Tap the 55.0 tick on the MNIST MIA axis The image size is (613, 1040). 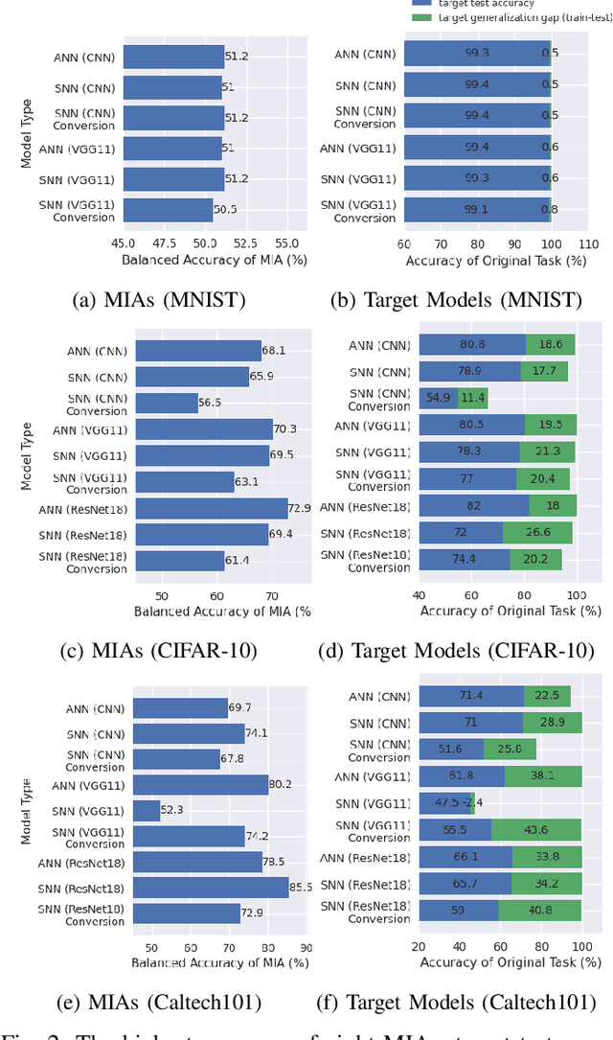click(287, 243)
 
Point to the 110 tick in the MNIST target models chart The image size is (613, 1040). click(588, 243)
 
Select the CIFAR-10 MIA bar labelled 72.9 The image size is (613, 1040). click(211, 508)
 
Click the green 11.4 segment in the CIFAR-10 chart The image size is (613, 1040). click(473, 398)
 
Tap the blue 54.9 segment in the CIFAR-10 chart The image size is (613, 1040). click(439, 398)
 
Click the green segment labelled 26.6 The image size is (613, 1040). click(536, 532)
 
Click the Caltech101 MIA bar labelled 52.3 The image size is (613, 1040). click(147, 811)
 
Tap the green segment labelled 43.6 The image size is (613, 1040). click(536, 831)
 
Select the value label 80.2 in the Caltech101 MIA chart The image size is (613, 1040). click(283, 785)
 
